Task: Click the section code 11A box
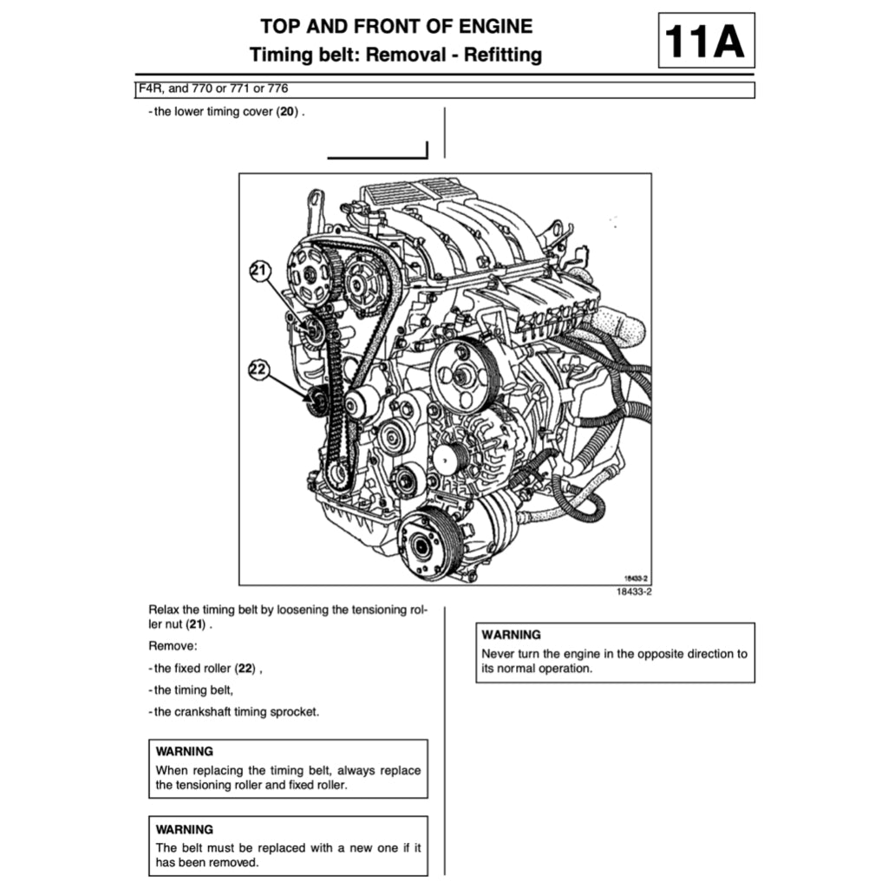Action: (706, 40)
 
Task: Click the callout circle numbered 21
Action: (258, 271)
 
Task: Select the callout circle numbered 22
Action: (258, 370)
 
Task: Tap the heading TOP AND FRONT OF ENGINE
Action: (396, 26)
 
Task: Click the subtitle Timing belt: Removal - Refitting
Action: (395, 55)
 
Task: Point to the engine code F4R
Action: (148, 88)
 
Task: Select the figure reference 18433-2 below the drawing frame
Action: (633, 592)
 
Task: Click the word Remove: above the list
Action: (173, 646)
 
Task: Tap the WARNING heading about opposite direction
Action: (511, 635)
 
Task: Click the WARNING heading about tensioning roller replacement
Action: (184, 751)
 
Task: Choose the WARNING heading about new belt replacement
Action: (184, 829)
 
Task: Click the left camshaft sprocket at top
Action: (310, 273)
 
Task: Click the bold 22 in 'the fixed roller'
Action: (246, 669)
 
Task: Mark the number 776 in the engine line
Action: (277, 88)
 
